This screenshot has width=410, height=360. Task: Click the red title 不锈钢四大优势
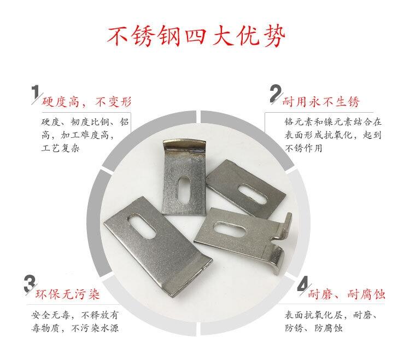point(196,36)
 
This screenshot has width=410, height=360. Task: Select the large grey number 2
point(276,94)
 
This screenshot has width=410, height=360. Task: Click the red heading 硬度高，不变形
point(86,102)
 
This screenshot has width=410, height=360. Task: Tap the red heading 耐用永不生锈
point(321,102)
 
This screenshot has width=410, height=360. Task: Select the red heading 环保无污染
point(68,294)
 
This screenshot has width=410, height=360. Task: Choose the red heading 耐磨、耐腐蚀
point(347,294)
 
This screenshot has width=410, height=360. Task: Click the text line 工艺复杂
point(60,148)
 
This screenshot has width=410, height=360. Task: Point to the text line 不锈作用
point(303,148)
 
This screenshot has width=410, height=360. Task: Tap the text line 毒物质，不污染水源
point(75,328)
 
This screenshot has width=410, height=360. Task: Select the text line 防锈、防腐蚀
point(314,328)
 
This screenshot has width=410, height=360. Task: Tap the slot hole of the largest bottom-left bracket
point(142,226)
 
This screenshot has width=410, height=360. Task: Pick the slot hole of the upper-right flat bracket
point(253,194)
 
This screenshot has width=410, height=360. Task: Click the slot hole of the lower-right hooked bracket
point(229,229)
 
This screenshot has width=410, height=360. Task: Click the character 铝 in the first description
point(124,122)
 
